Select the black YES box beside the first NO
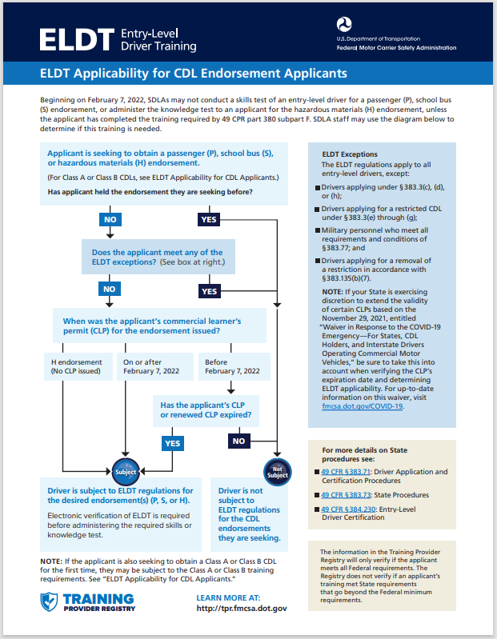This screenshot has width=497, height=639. (x=210, y=218)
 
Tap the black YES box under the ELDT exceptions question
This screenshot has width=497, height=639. (x=210, y=291)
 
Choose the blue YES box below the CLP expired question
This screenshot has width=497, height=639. (x=173, y=442)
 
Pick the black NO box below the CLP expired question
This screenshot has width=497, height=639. (x=238, y=441)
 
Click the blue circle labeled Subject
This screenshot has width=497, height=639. (x=126, y=472)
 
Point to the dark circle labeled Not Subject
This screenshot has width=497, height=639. (x=277, y=472)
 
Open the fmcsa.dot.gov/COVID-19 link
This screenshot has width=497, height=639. (x=357, y=405)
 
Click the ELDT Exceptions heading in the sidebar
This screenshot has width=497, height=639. (x=350, y=154)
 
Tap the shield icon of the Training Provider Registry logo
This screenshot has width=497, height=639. (x=50, y=602)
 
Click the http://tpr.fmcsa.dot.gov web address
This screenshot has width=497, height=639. (x=241, y=609)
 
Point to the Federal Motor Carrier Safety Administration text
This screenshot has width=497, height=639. (x=397, y=48)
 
